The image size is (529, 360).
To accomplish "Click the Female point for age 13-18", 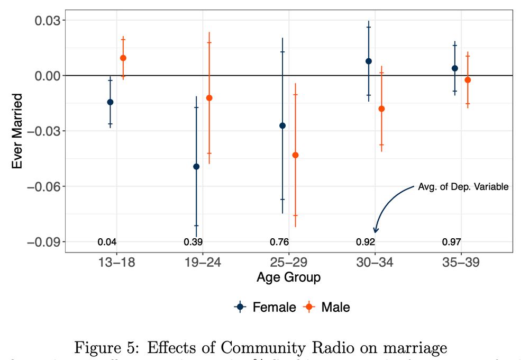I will click(x=110, y=102).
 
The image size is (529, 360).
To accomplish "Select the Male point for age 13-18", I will click(x=123, y=58).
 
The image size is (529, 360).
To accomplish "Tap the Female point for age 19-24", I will click(x=196, y=167).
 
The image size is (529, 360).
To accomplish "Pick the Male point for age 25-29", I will click(x=295, y=155).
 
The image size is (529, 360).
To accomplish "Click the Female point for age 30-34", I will click(x=369, y=61).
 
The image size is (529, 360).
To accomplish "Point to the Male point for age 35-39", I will click(x=468, y=80).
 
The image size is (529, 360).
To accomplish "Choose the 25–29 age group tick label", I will click(x=289, y=263).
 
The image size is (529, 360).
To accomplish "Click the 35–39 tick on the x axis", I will click(x=461, y=263).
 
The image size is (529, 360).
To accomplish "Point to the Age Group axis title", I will click(x=288, y=277).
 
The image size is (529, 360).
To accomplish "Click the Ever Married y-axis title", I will click(x=17, y=131).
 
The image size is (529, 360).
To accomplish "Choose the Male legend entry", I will click(x=327, y=307).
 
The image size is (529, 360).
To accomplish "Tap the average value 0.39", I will click(x=193, y=242).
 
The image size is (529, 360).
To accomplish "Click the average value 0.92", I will click(x=366, y=242).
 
